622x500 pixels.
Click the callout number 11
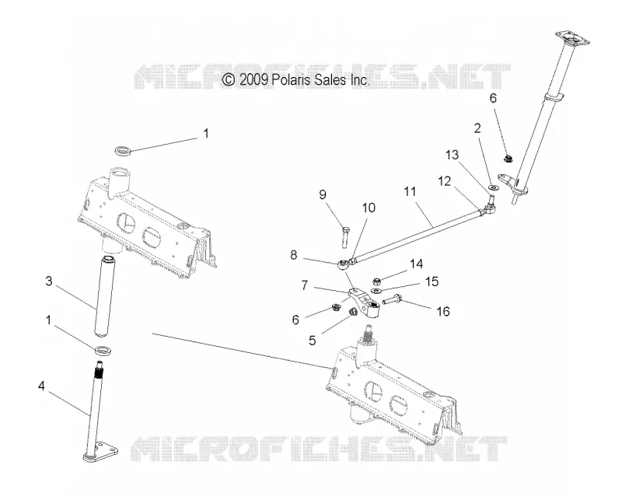tap(410, 191)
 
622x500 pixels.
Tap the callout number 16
tap(443, 312)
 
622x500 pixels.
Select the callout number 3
tap(49, 281)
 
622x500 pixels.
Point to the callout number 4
tap(42, 386)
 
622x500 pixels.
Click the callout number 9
tap(323, 194)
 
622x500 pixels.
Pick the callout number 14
tap(417, 264)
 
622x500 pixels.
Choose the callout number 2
tap(477, 128)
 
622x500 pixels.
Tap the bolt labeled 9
tap(344, 236)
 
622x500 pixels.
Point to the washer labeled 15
tap(376, 291)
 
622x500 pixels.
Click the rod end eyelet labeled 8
tap(343, 263)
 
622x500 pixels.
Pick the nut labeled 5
tap(351, 313)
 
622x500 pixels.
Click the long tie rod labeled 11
tap(417, 236)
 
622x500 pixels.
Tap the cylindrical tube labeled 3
tap(104, 297)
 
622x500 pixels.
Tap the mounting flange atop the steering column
tap(572, 38)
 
